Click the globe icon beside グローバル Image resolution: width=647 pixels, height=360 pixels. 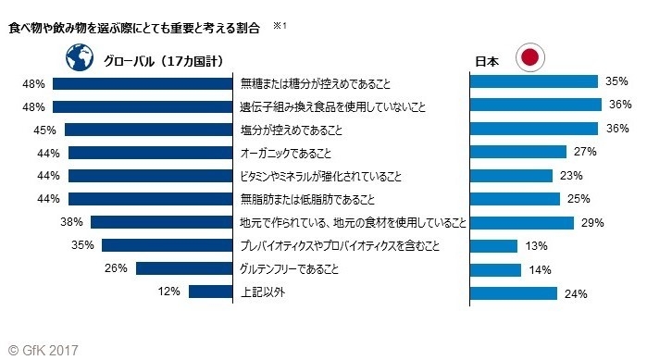click(80, 58)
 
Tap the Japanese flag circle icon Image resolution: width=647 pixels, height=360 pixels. click(530, 58)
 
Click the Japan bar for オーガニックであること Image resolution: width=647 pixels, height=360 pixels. click(518, 152)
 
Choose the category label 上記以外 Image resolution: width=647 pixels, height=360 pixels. click(261, 292)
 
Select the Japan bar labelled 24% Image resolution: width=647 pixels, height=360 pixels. click(514, 292)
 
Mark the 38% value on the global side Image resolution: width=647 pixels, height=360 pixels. click(71, 222)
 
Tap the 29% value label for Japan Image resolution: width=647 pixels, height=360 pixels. click(592, 222)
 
